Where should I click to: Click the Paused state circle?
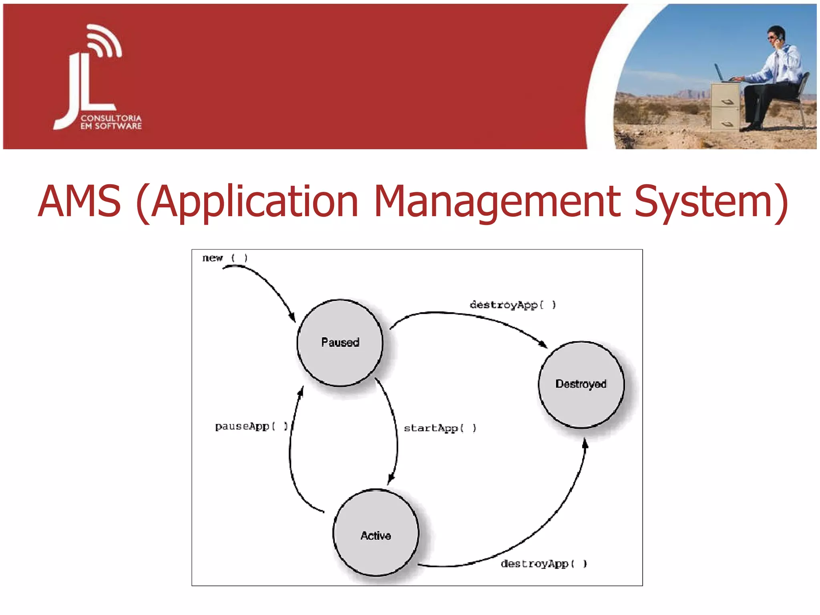340,343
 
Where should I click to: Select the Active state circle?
376,533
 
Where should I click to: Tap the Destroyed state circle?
581,384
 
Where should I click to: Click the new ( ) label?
225,258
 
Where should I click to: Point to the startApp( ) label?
440,428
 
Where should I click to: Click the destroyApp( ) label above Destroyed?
512,305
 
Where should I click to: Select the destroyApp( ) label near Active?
543,564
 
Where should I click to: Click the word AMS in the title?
79,201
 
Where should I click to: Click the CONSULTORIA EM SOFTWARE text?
111,122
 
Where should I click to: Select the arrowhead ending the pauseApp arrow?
301,391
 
